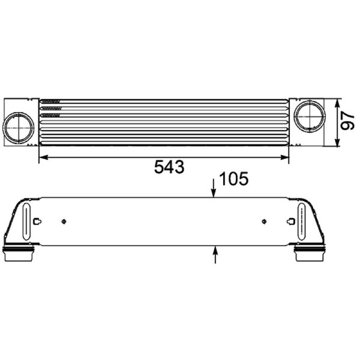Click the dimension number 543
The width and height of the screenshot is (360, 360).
(169, 167)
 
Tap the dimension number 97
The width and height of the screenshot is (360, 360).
(347, 121)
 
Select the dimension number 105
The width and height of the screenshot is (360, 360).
(234, 178)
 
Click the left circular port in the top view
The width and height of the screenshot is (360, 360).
(18, 128)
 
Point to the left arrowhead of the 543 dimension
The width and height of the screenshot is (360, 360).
(44, 157)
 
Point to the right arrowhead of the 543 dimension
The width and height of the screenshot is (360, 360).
(284, 157)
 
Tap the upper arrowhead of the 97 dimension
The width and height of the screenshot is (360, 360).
(337, 103)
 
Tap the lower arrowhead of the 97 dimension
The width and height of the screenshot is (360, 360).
(337, 142)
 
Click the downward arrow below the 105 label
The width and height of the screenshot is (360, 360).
(214, 188)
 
